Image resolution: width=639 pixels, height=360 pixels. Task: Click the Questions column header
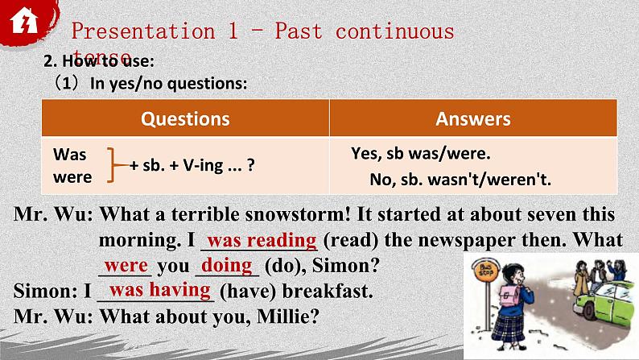tap(185, 119)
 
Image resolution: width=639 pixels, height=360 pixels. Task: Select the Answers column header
tap(473, 119)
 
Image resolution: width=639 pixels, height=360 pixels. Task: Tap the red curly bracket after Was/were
tap(116, 164)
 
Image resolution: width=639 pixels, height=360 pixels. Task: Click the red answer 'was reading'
tap(262, 240)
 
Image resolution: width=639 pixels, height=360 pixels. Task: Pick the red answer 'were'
tap(126, 265)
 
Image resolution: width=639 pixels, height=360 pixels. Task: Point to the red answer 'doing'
tap(226, 265)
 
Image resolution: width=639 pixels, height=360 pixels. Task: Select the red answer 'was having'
tap(159, 290)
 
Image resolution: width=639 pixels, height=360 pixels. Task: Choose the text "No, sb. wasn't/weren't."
tap(460, 179)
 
